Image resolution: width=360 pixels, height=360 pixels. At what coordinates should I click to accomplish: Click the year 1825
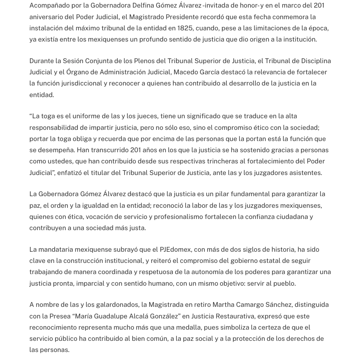click(185, 28)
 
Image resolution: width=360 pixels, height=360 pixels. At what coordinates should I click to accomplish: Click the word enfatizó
click(69, 173)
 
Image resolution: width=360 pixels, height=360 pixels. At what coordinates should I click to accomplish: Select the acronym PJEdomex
click(175, 249)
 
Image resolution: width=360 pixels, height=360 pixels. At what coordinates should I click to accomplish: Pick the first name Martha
click(223, 304)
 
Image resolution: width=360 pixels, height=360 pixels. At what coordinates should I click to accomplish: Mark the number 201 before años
click(135, 150)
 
